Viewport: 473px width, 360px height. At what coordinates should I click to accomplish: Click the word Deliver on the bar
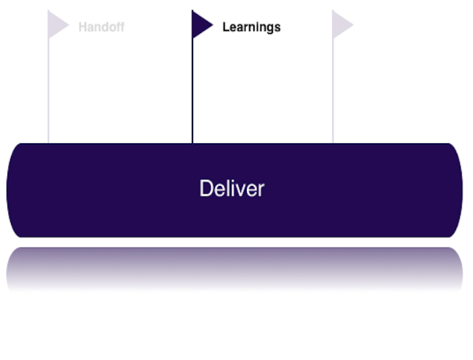(x=231, y=189)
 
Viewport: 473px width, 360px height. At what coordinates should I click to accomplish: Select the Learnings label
(x=251, y=28)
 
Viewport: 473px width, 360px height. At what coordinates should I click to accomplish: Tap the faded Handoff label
(x=101, y=28)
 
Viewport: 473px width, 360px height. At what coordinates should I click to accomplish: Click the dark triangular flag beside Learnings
(x=201, y=25)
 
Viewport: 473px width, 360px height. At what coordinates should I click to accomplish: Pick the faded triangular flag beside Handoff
(x=57, y=25)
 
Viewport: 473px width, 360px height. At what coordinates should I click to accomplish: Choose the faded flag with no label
(x=341, y=25)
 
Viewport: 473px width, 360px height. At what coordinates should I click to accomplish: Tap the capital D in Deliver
(x=205, y=189)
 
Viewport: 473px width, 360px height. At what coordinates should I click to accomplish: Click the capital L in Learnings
(x=225, y=28)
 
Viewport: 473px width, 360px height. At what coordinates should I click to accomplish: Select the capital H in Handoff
(x=82, y=28)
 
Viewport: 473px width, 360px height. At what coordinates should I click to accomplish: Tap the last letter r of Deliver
(x=260, y=190)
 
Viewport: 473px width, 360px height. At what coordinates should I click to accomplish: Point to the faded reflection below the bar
(x=235, y=266)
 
